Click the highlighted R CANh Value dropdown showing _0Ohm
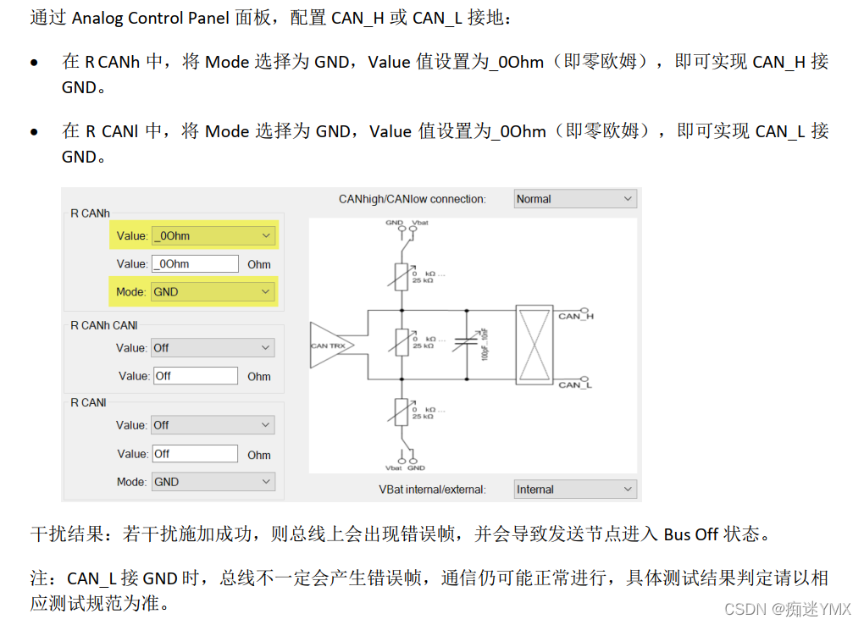pyautogui.click(x=213, y=235)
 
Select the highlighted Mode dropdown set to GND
pyautogui.click(x=213, y=291)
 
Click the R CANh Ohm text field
pyautogui.click(x=195, y=263)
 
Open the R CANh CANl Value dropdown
pyautogui.click(x=213, y=348)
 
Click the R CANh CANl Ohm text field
pyautogui.click(x=195, y=376)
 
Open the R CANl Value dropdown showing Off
pyautogui.click(x=213, y=425)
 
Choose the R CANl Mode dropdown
pyautogui.click(x=213, y=482)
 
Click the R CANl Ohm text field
pyautogui.click(x=195, y=454)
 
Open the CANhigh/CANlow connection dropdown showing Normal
pyautogui.click(x=575, y=199)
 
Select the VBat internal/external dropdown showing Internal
pyautogui.click(x=575, y=489)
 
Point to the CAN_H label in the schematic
pyautogui.click(x=576, y=316)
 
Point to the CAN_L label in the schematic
pyautogui.click(x=575, y=385)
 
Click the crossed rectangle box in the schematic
pyautogui.click(x=534, y=344)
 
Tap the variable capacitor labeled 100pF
pyautogui.click(x=467, y=344)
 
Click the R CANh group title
pyautogui.click(x=90, y=213)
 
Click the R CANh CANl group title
pyautogui.click(x=103, y=325)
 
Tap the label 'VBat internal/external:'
pyautogui.click(x=432, y=489)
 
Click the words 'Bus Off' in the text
pyautogui.click(x=691, y=534)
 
